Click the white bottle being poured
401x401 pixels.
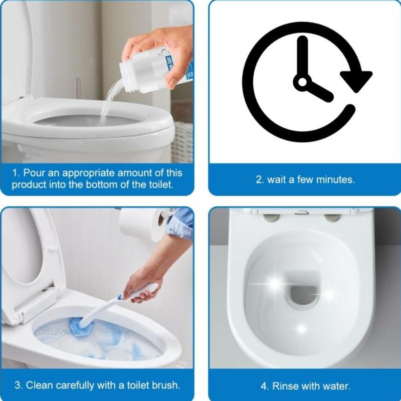[153, 69]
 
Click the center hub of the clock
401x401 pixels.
[303, 82]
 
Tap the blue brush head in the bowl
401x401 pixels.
[79, 326]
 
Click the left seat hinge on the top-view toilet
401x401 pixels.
[271, 218]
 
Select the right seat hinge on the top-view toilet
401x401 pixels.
[332, 218]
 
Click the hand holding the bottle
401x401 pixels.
[159, 51]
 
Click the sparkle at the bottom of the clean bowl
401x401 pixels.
[302, 329]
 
